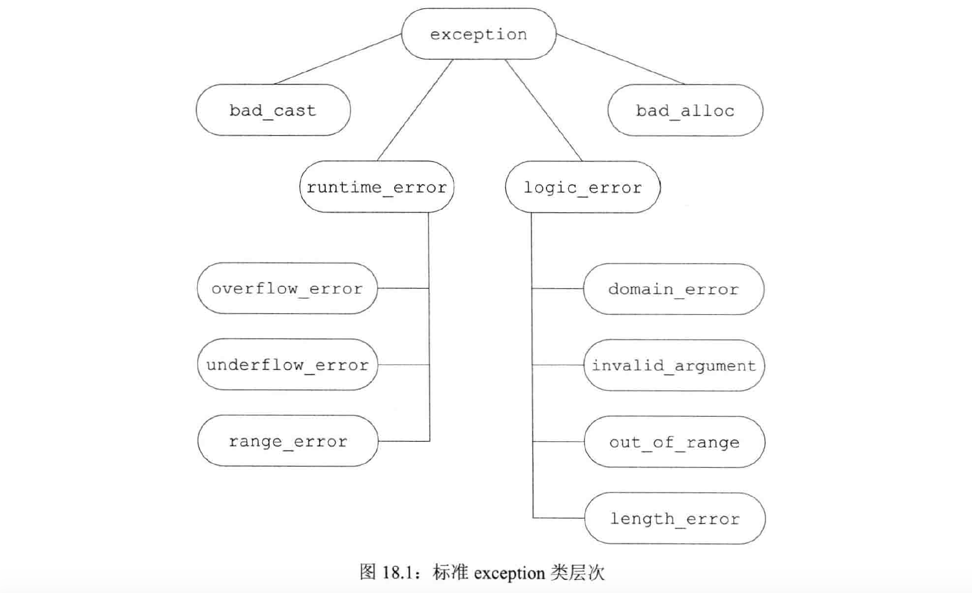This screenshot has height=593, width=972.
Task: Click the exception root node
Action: (x=478, y=34)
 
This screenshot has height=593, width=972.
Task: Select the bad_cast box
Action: (x=273, y=110)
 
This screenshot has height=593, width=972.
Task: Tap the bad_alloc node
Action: (x=685, y=111)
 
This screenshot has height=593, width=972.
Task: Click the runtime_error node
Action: (x=376, y=187)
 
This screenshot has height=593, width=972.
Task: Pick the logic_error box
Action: (x=582, y=187)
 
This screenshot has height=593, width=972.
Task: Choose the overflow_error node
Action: (x=287, y=288)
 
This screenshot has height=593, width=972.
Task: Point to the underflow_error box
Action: (x=287, y=365)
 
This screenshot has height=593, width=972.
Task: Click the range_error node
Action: (x=287, y=441)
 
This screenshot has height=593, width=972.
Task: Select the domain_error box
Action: (x=673, y=289)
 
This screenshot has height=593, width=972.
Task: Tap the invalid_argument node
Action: (x=673, y=365)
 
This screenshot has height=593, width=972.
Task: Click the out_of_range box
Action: (x=674, y=442)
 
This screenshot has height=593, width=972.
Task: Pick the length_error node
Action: (x=674, y=518)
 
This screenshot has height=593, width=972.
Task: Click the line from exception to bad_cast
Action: (x=338, y=59)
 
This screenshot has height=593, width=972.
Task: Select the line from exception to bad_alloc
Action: (x=620, y=59)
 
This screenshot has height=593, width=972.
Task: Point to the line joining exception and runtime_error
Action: (x=415, y=110)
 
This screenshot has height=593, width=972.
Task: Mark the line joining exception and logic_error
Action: (x=543, y=110)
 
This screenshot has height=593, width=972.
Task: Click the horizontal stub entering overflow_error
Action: (x=403, y=288)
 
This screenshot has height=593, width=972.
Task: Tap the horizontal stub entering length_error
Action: (x=558, y=518)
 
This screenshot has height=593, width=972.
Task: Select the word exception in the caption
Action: (x=509, y=573)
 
